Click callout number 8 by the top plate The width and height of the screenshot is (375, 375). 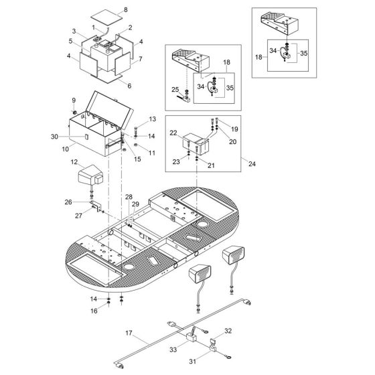coord(124,11)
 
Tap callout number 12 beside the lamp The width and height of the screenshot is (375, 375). coord(74,161)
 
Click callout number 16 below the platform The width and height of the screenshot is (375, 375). coord(94,311)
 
